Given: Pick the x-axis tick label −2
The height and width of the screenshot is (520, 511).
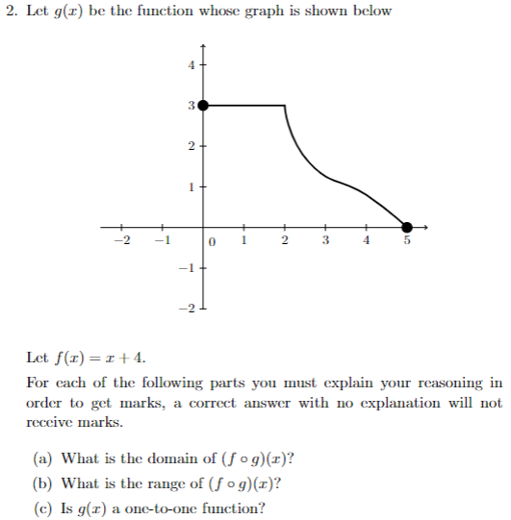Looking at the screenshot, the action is tap(120, 240).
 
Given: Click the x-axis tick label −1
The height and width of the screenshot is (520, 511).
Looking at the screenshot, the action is tap(162, 240).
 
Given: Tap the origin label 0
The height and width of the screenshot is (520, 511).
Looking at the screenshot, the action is tap(215, 241).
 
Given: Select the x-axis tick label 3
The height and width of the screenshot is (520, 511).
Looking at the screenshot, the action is tap(325, 240).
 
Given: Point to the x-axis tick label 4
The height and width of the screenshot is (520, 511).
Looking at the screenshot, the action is tap(366, 240).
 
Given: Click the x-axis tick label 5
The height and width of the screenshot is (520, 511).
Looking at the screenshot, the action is tap(406, 240).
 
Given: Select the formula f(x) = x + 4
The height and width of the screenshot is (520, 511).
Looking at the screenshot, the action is tap(106, 359).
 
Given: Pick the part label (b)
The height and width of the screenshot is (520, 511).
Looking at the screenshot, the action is tap(44, 483).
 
